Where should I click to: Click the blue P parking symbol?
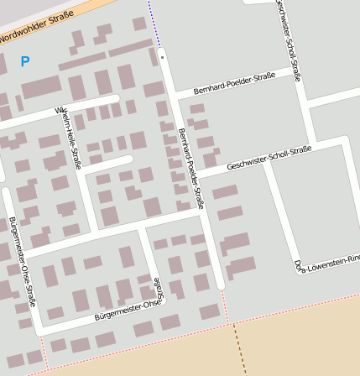click(24, 61)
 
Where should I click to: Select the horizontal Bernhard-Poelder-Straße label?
click(234, 83)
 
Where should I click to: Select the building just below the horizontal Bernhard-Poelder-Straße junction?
click(197, 108)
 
